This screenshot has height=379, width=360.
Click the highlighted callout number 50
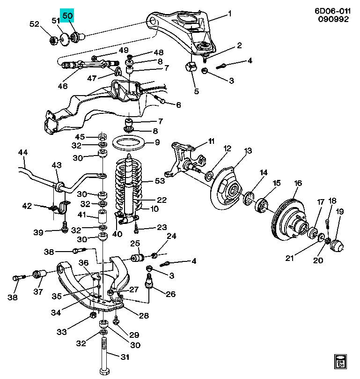pos(67,16)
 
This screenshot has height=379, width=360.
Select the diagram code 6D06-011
pos(332,11)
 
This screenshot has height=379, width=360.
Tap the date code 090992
pos(333,19)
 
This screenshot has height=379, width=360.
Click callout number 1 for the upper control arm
pos(229,14)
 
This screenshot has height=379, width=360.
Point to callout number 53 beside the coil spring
pos(160,180)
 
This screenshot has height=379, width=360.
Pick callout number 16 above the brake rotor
pos(298,183)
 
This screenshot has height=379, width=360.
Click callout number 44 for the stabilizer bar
pos(23,152)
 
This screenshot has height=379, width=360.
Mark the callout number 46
pos(63,86)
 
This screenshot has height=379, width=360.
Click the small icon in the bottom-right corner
pos(340,362)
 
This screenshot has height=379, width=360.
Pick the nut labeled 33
pos(93,315)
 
